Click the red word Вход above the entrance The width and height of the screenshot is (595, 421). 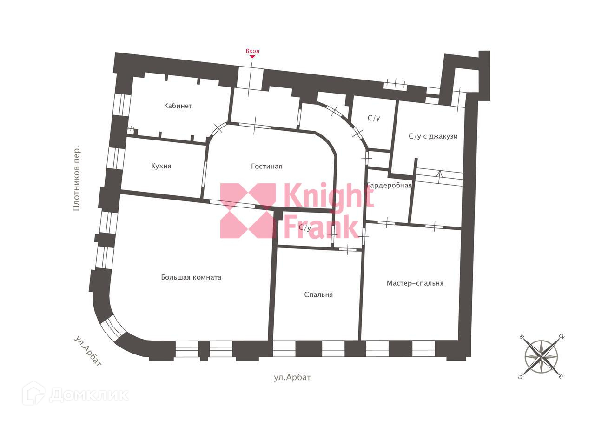click(252, 51)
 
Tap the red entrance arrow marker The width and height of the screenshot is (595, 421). click(252, 57)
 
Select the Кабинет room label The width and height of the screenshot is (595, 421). click(178, 106)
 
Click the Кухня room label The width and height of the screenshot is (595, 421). click(161, 166)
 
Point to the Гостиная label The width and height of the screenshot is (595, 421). click(266, 167)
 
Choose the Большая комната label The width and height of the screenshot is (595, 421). click(191, 277)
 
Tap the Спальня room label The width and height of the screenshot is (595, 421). click(318, 294)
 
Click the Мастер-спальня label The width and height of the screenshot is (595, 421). click(415, 283)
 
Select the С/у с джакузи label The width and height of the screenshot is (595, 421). click(433, 136)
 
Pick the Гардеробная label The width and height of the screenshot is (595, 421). click(390, 186)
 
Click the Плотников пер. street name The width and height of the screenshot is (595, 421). click(77, 178)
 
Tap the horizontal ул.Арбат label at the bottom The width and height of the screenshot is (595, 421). click(292, 377)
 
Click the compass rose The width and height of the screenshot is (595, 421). click(542, 356)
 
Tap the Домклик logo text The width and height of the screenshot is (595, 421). click(89, 394)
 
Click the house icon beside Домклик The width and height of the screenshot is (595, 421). click(33, 393)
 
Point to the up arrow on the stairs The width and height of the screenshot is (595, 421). click(439, 174)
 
